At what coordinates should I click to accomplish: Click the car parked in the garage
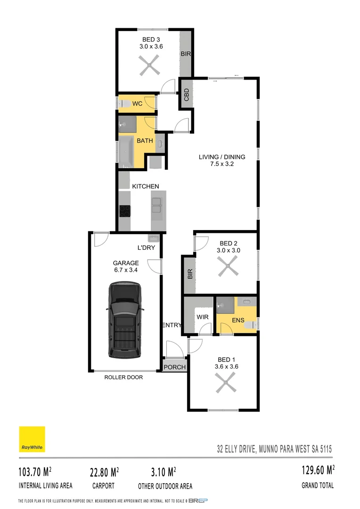(x=125, y=320)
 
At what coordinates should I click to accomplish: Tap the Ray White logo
(x=32, y=439)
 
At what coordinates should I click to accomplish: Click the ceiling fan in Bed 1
(x=225, y=383)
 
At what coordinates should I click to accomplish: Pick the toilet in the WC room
(x=122, y=104)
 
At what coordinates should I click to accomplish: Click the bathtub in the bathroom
(x=125, y=151)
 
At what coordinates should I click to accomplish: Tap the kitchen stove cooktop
(x=125, y=211)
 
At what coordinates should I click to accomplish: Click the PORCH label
(x=175, y=367)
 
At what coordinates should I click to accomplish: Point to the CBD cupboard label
(x=187, y=95)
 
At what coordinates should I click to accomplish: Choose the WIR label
(x=203, y=317)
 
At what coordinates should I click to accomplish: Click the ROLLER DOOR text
(x=123, y=377)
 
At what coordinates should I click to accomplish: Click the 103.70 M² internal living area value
(x=35, y=471)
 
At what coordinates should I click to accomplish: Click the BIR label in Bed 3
(x=186, y=54)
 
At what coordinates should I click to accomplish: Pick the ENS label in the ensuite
(x=237, y=321)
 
